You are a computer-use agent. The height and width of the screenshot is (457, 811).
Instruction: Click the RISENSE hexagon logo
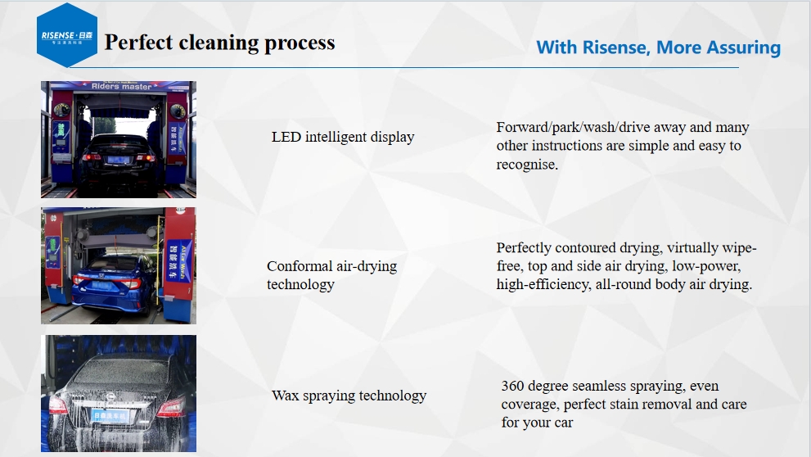(x=67, y=35)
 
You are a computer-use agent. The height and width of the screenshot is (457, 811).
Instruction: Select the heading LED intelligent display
(x=343, y=137)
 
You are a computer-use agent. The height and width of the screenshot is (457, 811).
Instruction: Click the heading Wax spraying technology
(x=349, y=396)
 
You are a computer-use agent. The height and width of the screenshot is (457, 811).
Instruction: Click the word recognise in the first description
(x=527, y=165)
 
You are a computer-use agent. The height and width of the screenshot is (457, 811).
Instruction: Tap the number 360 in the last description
(x=512, y=386)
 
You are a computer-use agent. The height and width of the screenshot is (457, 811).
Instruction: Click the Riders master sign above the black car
(x=122, y=87)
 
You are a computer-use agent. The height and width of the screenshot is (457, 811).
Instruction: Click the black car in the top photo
(x=117, y=161)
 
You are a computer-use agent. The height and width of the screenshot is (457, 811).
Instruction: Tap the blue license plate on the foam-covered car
(x=110, y=415)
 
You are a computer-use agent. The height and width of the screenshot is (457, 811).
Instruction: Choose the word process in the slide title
(x=300, y=43)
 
